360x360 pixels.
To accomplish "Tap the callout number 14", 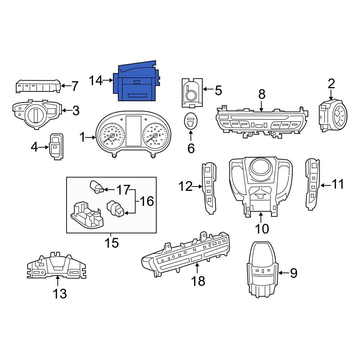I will click(x=96, y=81).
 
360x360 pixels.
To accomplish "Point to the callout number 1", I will click(x=82, y=137).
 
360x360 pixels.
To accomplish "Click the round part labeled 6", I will click(x=190, y=122).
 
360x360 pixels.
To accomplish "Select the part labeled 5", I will click(x=190, y=93).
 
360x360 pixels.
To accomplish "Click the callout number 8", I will click(x=262, y=94).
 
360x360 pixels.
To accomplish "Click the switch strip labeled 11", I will click(x=311, y=184).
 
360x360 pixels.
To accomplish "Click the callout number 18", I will click(x=198, y=280).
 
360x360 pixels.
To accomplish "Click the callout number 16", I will click(x=146, y=201).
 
